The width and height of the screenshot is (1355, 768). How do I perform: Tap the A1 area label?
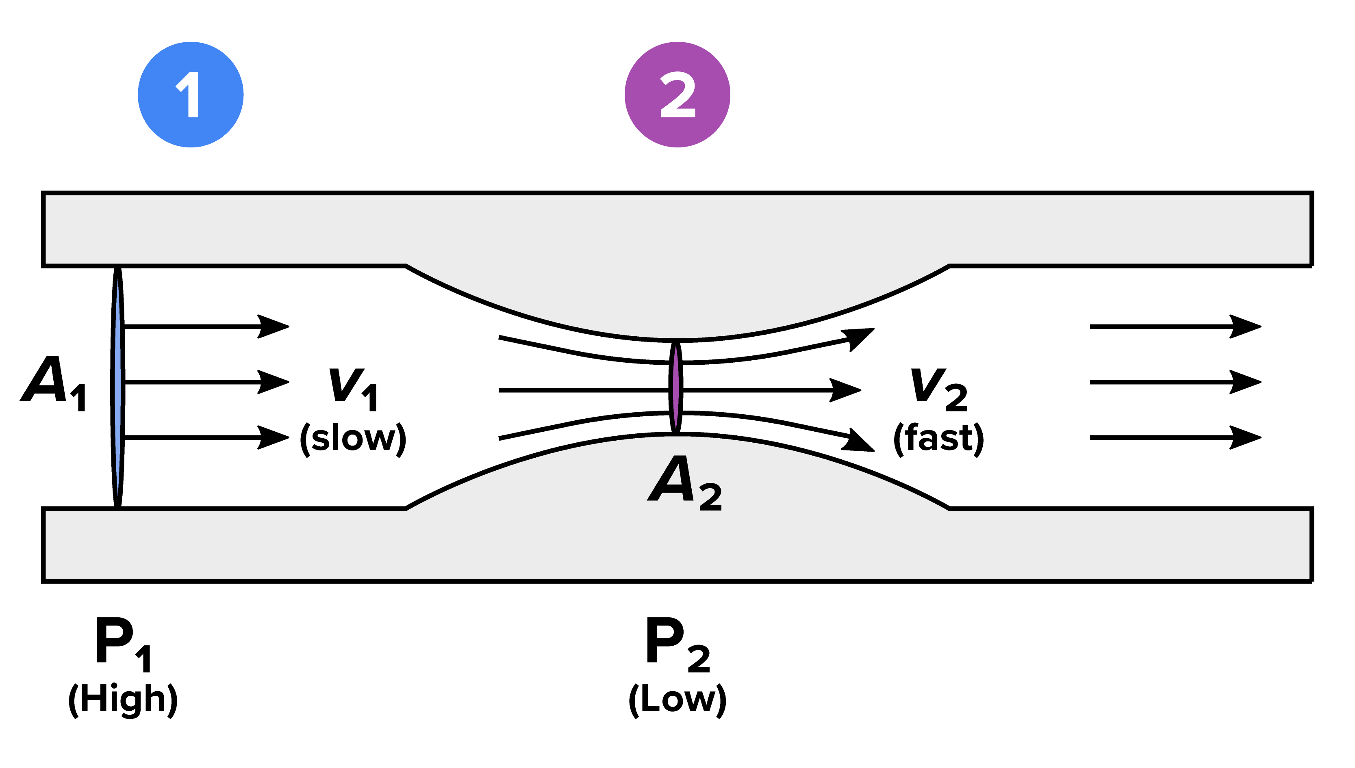pos(53,383)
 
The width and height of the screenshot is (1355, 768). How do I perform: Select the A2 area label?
pos(684,482)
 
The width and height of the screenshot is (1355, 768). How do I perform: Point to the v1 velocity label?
pos(353,389)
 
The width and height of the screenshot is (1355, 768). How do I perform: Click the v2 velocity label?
pos(938,389)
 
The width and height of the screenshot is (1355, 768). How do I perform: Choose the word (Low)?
pos(677,699)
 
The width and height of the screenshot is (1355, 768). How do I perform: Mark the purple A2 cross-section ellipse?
pos(675,388)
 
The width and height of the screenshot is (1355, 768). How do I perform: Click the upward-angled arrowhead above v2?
pos(859,337)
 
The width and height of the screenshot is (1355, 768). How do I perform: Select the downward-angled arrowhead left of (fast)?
pos(859,441)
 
